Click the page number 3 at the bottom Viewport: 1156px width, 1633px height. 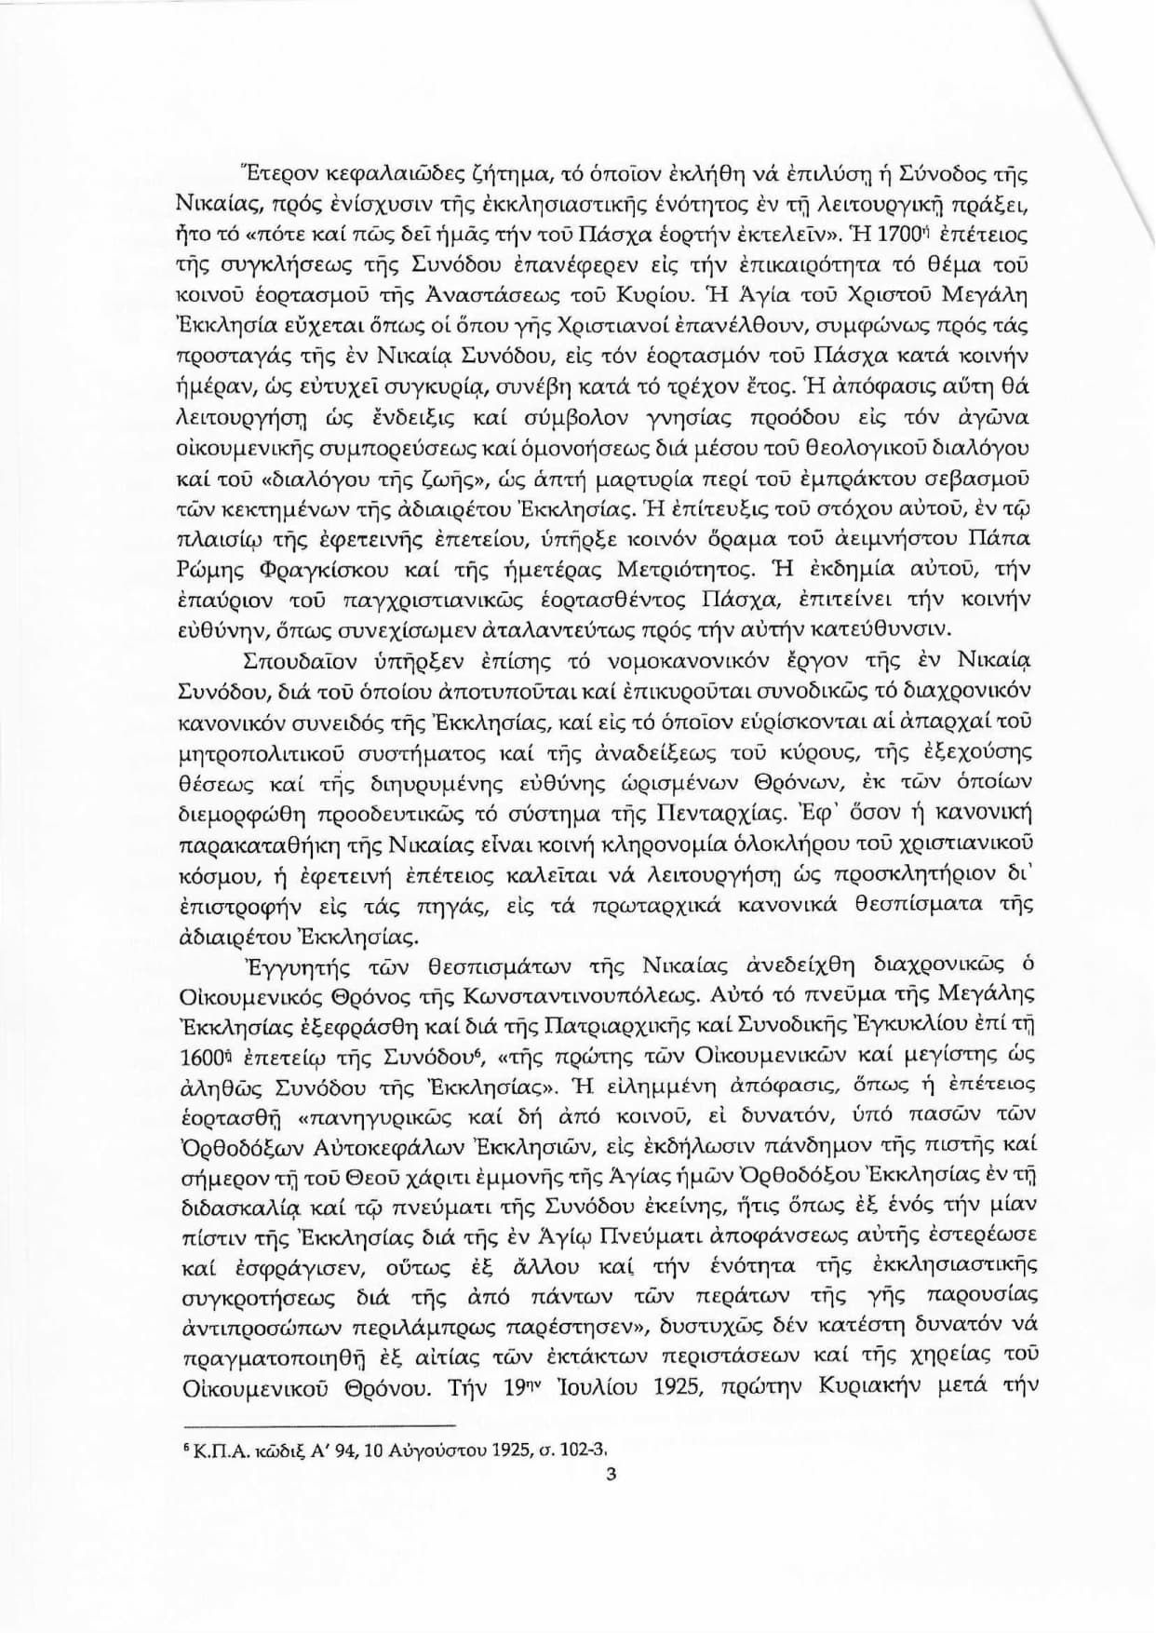[x=612, y=1473]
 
